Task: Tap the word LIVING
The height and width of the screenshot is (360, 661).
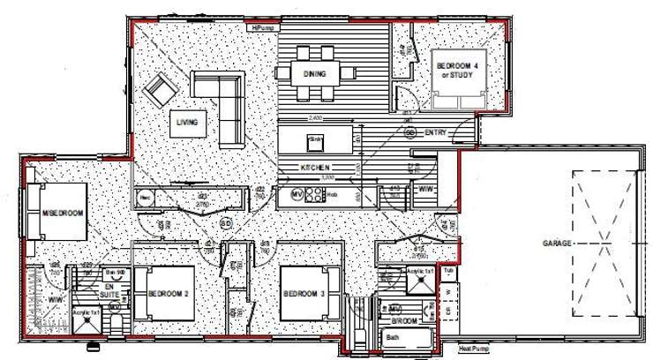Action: coord(186,121)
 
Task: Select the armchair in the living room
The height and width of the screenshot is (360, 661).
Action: coord(161,90)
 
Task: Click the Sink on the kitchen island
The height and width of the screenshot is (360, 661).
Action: coord(314,139)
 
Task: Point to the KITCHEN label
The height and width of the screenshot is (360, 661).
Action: coord(315,168)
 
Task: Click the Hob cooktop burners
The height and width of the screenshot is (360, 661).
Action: coord(314,196)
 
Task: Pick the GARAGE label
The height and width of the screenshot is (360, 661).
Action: coord(559,242)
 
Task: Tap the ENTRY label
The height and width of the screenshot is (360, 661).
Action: coord(436,133)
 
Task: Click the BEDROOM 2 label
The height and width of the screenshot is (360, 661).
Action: coord(170,293)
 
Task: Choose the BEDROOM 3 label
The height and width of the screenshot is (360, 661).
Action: coord(304,293)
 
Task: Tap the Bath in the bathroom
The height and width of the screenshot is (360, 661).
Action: coord(393,337)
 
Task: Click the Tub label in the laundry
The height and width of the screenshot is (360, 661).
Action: coord(448,271)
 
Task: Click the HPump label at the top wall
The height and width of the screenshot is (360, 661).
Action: coord(264,28)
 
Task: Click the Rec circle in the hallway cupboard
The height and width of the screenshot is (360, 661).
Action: coord(145,198)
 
